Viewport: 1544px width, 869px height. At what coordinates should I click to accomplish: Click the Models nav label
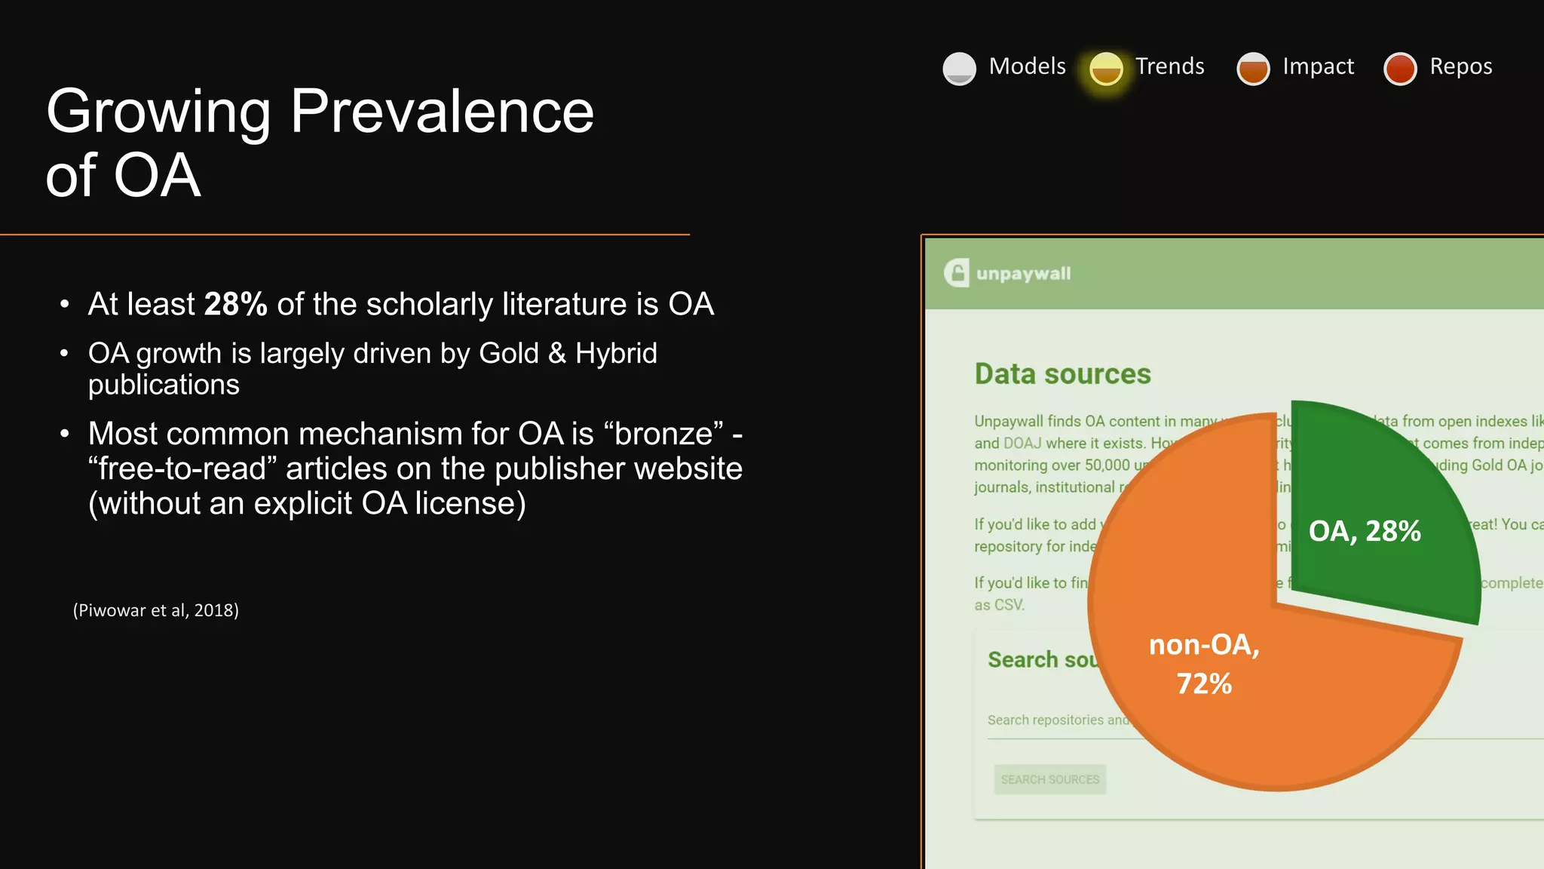click(x=1027, y=66)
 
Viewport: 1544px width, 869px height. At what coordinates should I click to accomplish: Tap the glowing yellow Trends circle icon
click(x=1106, y=69)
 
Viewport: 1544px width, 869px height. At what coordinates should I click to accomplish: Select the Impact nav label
click(x=1318, y=66)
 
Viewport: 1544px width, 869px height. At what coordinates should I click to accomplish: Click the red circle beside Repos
click(x=1400, y=69)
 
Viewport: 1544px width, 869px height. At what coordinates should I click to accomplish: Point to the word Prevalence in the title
click(x=442, y=111)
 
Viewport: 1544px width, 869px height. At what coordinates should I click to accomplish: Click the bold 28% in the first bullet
click(x=235, y=304)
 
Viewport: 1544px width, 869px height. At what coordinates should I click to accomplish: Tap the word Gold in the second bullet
click(x=509, y=353)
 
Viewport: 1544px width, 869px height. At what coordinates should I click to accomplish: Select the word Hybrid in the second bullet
click(x=616, y=353)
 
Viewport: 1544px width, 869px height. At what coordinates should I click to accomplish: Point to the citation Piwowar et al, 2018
click(x=156, y=610)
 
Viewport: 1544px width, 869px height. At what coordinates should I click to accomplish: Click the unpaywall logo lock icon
click(x=957, y=273)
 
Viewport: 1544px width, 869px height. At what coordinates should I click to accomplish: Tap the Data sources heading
click(x=1062, y=374)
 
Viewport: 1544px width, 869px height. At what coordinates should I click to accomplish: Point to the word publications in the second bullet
click(x=164, y=385)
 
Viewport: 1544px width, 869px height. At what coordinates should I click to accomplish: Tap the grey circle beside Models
click(x=959, y=69)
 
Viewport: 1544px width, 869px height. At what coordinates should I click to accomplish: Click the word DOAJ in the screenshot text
click(x=1022, y=443)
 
